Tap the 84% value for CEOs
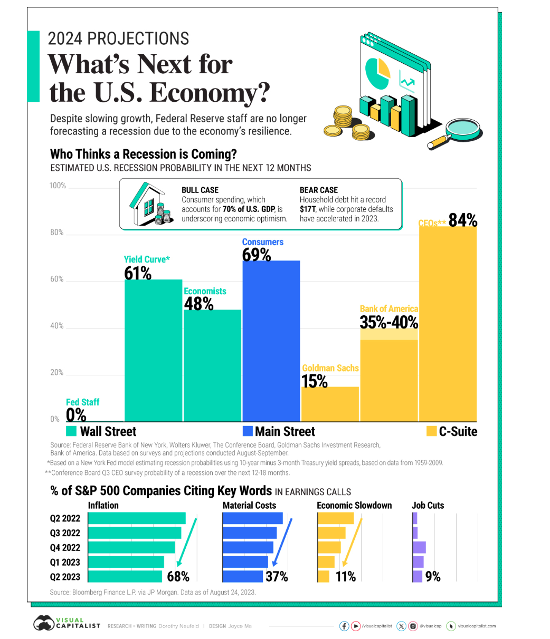pos(463,220)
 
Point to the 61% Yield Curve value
pos(138,273)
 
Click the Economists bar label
pos(205,291)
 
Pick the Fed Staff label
pos(82,402)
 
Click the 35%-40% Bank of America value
pos(389,322)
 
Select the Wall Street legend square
pos(72,431)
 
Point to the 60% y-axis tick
pos(57,279)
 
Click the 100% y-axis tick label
pos(58,186)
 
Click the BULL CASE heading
pos(200,190)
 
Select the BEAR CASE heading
pos(319,190)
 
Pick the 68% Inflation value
pos(178,576)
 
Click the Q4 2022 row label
pos(65,547)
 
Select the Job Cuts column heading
pos(428,505)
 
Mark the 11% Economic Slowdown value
pos(346,576)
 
